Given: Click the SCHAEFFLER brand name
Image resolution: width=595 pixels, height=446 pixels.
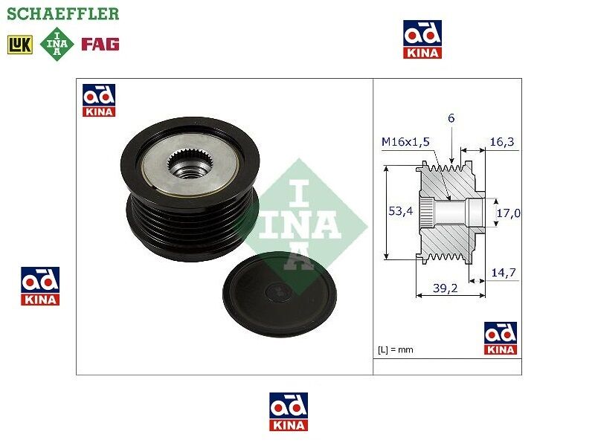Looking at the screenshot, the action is click(63, 13).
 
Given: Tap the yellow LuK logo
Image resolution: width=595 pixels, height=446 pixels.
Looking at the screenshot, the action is click(20, 45).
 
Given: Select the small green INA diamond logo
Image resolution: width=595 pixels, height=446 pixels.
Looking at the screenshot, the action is click(57, 44).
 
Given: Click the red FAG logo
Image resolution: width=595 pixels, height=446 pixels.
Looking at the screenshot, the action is click(100, 44).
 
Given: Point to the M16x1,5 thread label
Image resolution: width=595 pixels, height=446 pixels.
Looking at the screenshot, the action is click(405, 142).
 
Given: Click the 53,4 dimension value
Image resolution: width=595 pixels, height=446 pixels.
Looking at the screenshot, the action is click(400, 211).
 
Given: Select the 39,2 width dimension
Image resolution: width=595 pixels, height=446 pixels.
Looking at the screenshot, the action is click(445, 288).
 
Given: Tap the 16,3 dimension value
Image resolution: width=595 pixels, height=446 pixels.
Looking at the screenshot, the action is click(501, 142).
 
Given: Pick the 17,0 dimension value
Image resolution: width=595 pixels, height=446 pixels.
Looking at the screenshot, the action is click(509, 213).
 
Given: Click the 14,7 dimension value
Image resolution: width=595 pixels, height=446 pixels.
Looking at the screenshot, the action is click(504, 272).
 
